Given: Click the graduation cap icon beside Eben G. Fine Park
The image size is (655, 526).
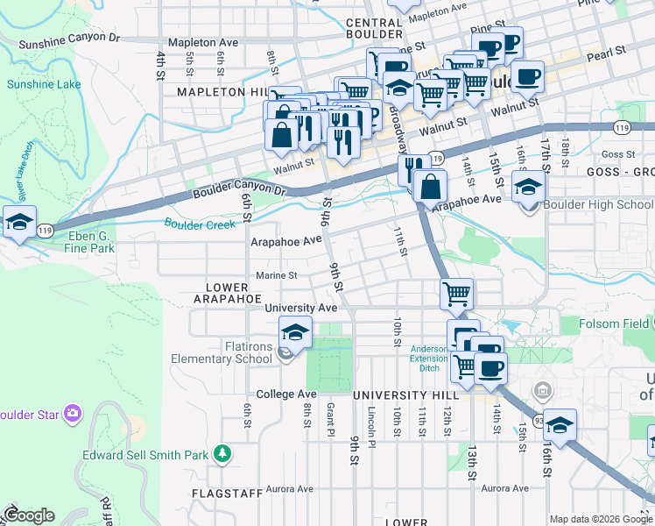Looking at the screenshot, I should point(19,223).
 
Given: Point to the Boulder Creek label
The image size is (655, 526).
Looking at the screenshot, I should point(200,224).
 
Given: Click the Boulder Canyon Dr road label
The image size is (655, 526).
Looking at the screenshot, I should point(240,190).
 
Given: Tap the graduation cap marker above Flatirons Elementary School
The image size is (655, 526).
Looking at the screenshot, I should point(295,333).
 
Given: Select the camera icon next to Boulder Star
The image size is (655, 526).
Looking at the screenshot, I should point(72,411).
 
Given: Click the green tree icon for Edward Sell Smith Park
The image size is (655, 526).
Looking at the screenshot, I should point(223,452).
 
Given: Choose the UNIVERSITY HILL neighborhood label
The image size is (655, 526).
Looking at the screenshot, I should point(394,396).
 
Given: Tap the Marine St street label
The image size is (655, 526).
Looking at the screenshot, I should point(277,275).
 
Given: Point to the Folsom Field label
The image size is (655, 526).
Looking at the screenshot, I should point(613,324).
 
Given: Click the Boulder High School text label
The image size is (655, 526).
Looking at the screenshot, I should point(598,205).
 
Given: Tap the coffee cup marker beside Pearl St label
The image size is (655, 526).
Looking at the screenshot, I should point(527,77).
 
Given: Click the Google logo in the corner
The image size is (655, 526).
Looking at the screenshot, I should point(29,515).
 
